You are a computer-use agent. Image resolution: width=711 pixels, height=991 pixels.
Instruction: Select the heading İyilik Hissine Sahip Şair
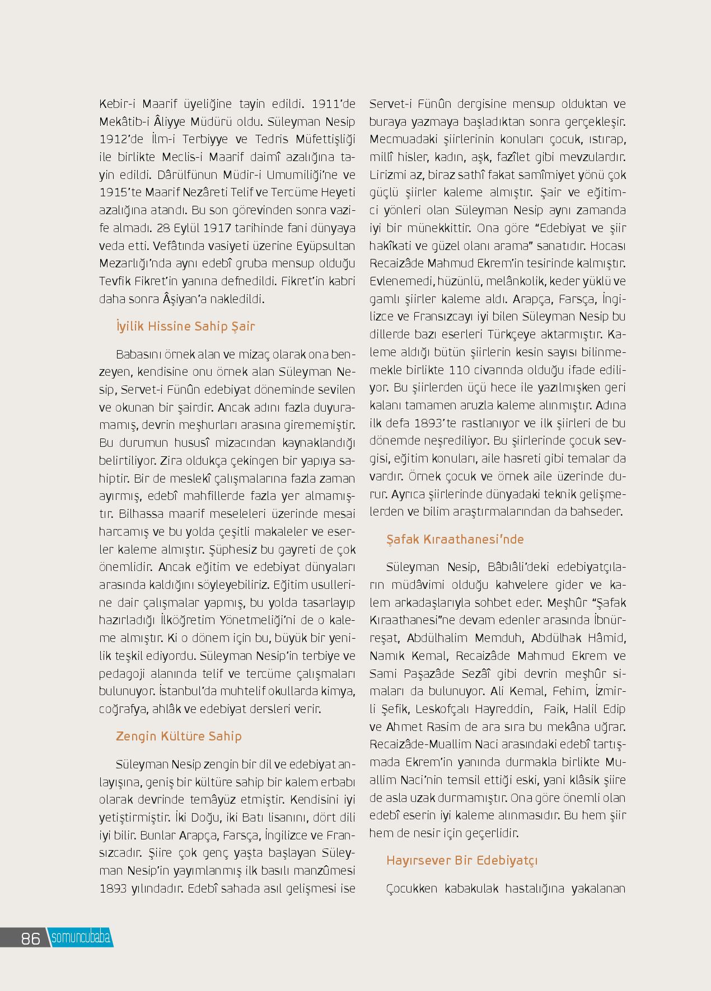click(185, 326)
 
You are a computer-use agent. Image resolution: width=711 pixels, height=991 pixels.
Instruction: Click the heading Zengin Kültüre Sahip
click(179, 736)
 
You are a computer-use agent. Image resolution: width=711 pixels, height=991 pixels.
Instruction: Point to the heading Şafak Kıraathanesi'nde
click(455, 539)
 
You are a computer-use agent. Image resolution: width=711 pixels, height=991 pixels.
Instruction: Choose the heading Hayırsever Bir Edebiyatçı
click(462, 860)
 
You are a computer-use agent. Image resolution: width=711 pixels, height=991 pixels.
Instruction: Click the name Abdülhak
click(555, 638)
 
